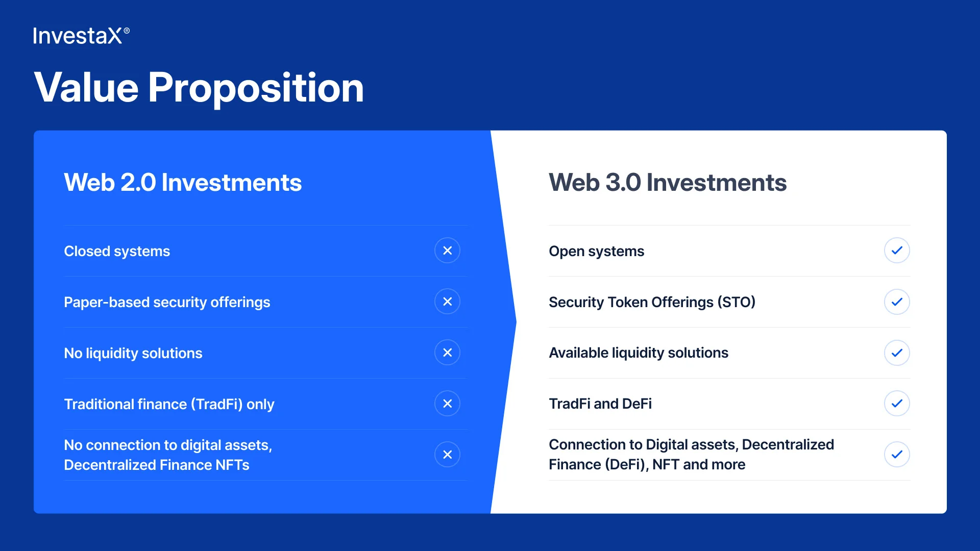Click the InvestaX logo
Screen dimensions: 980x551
coord(81,36)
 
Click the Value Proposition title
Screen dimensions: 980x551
coord(199,88)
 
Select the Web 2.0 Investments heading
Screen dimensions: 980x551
coord(183,182)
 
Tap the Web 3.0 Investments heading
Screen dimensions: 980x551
coord(668,182)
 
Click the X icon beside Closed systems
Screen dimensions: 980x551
coord(447,251)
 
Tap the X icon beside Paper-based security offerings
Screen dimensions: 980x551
coord(447,302)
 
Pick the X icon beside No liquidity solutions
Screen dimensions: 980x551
coord(447,353)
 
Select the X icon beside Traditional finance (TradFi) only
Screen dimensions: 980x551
coord(447,404)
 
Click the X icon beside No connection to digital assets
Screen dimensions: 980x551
coord(447,455)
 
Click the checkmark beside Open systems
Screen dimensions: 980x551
coord(897,251)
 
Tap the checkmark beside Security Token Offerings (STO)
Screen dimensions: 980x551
coord(897,302)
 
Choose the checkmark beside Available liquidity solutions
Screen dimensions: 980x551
coord(897,353)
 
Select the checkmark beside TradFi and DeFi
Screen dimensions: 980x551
coord(897,404)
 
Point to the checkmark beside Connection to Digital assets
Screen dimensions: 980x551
coord(897,455)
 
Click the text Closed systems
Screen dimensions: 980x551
coord(117,252)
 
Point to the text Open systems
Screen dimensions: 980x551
coord(596,252)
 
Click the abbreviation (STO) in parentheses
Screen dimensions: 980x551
coord(737,302)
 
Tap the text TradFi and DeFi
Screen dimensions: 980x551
coord(600,404)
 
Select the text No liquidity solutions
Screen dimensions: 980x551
coord(133,353)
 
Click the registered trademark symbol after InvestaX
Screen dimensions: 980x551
coord(127,31)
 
